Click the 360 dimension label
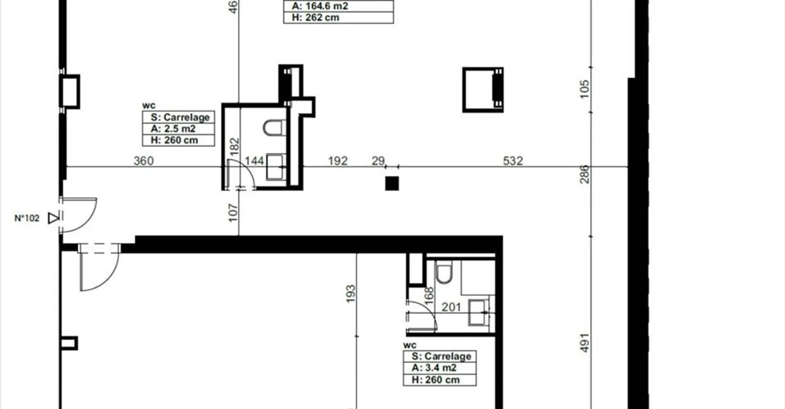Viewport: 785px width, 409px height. [x=144, y=161]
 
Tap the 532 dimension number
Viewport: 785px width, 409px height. [x=513, y=161]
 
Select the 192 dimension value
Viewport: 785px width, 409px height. [x=338, y=161]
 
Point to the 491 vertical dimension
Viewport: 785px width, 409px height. [x=584, y=343]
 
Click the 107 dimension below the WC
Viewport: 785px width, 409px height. [x=233, y=213]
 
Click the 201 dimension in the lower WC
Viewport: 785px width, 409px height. [x=451, y=308]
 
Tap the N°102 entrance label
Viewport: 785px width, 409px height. [x=27, y=218]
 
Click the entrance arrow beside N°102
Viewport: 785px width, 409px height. [x=53, y=218]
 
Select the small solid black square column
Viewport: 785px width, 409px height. [x=392, y=184]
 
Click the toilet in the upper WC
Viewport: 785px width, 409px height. [x=274, y=128]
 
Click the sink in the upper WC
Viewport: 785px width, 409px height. [x=276, y=167]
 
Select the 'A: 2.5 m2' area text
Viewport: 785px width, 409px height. [x=173, y=129]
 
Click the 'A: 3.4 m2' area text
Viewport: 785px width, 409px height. [x=434, y=368]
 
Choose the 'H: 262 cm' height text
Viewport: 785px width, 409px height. [x=316, y=17]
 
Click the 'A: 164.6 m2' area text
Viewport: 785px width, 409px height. [x=320, y=6]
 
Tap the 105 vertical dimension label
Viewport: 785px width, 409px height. [x=584, y=89]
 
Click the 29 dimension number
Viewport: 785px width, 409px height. [x=378, y=161]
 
